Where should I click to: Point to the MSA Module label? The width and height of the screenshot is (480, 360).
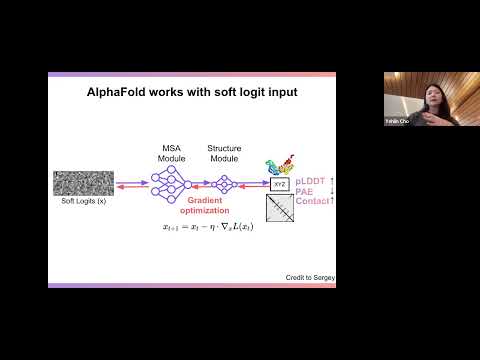point(170,153)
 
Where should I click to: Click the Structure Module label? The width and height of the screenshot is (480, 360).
point(224,153)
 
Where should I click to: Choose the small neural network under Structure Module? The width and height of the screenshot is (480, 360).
point(224,183)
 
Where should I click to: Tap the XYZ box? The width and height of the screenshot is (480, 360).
point(279,183)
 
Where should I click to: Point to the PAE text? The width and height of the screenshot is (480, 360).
point(307,190)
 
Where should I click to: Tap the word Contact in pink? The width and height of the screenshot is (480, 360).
point(313,201)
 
